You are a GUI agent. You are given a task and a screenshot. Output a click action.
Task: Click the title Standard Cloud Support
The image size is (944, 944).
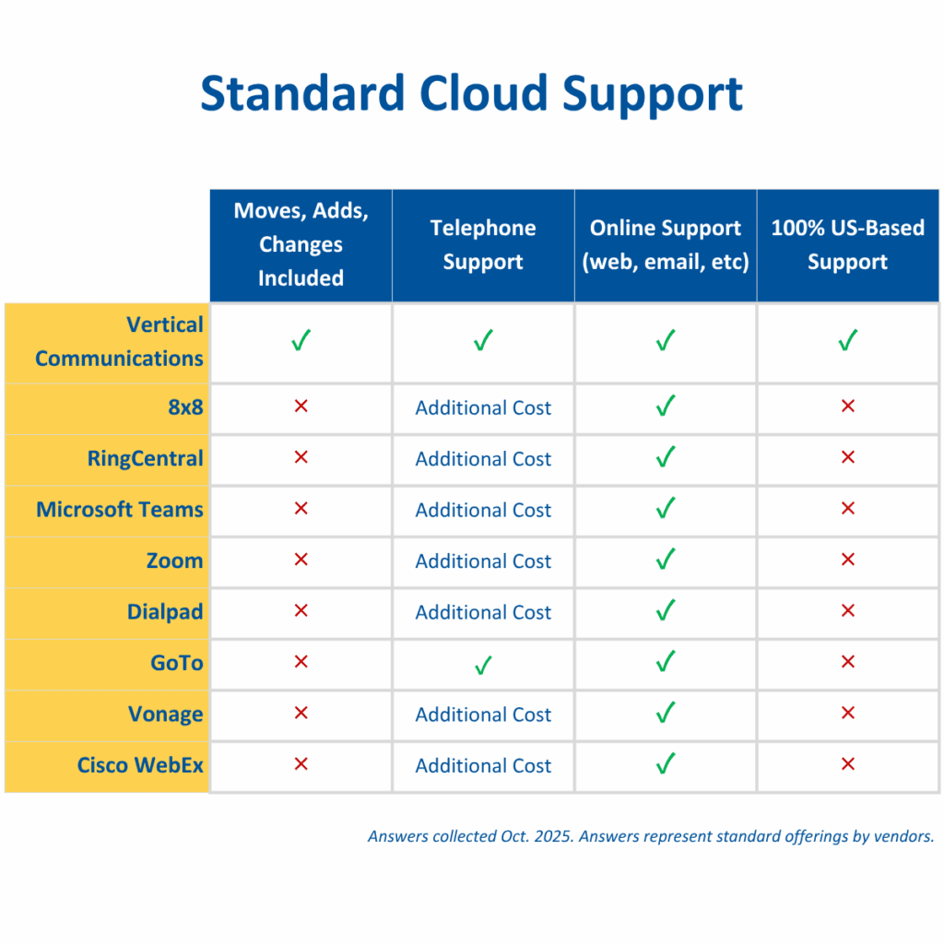(471, 94)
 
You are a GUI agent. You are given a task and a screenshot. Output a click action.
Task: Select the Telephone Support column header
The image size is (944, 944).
(483, 245)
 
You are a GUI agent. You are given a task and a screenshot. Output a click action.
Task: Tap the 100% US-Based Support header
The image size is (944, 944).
(848, 245)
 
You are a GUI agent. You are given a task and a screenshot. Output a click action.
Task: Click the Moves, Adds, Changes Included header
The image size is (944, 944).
(301, 244)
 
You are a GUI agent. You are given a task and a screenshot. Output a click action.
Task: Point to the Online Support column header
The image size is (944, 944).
(666, 245)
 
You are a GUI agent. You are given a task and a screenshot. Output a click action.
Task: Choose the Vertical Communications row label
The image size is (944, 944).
(119, 341)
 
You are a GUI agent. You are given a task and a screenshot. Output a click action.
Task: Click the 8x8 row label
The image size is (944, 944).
(185, 407)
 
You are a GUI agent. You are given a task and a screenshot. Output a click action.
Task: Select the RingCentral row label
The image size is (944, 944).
(145, 459)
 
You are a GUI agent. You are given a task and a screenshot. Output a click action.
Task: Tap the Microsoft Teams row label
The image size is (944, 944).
(120, 510)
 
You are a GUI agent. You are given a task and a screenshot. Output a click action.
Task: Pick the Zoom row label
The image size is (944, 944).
(174, 561)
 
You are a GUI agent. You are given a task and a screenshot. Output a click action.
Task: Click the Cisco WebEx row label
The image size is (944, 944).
(140, 765)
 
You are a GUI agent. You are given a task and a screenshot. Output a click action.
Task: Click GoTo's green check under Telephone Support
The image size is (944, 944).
(483, 665)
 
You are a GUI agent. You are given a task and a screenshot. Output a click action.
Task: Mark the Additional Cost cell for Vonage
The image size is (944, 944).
(483, 714)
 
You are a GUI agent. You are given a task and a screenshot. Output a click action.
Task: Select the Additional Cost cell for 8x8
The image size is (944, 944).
(483, 408)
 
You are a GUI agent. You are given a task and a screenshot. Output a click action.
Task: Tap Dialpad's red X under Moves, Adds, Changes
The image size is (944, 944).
(301, 610)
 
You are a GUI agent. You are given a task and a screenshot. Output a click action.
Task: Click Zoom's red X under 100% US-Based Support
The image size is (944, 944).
(848, 560)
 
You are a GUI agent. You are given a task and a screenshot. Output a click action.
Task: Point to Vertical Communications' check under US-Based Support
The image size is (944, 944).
(848, 340)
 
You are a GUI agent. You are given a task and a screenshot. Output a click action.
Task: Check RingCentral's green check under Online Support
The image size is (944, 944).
(666, 457)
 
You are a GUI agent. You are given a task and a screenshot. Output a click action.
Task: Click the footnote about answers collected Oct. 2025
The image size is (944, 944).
(651, 836)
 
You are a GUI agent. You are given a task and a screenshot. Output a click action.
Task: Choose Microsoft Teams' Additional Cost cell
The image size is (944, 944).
(483, 511)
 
